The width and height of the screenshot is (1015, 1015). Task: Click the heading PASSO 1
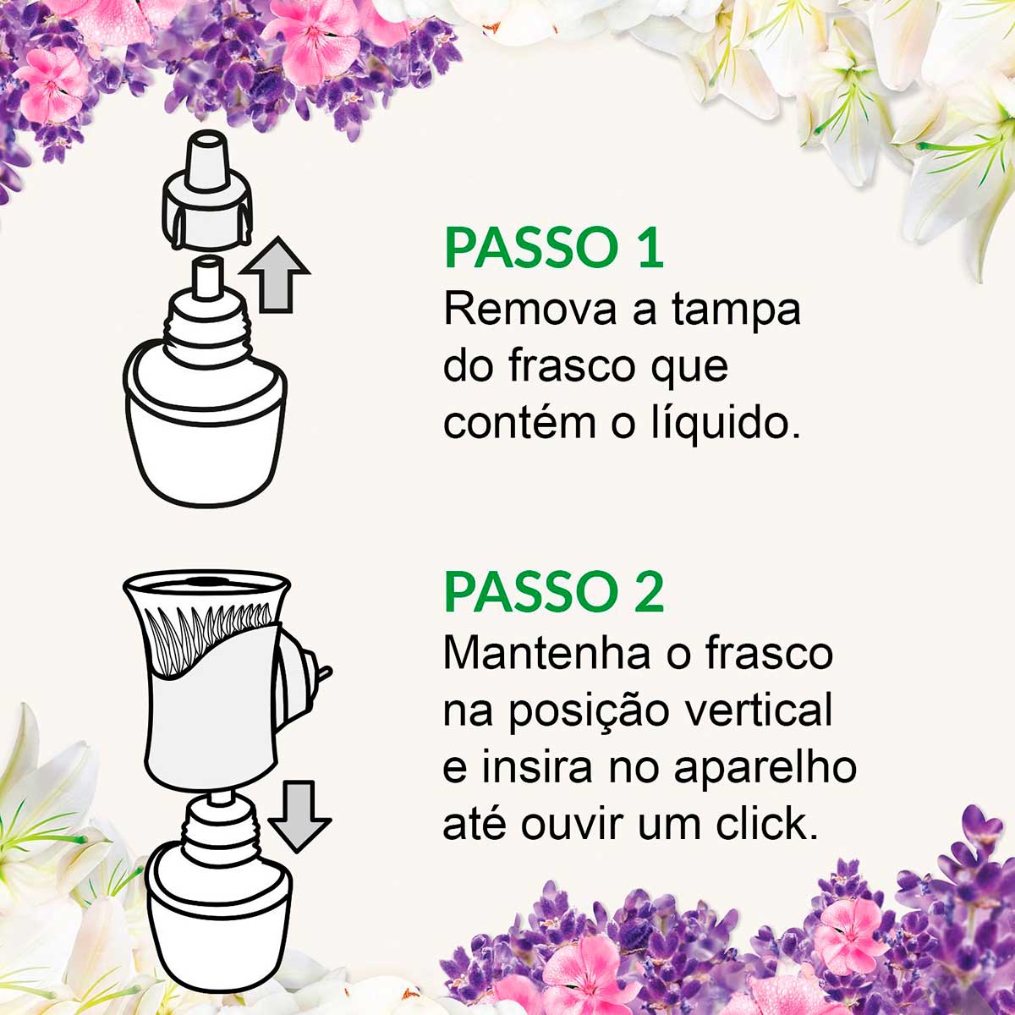pos(554,247)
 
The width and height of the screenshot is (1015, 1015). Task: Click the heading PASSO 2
pos(554,592)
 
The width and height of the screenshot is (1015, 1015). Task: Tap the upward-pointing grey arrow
pos(275,275)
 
